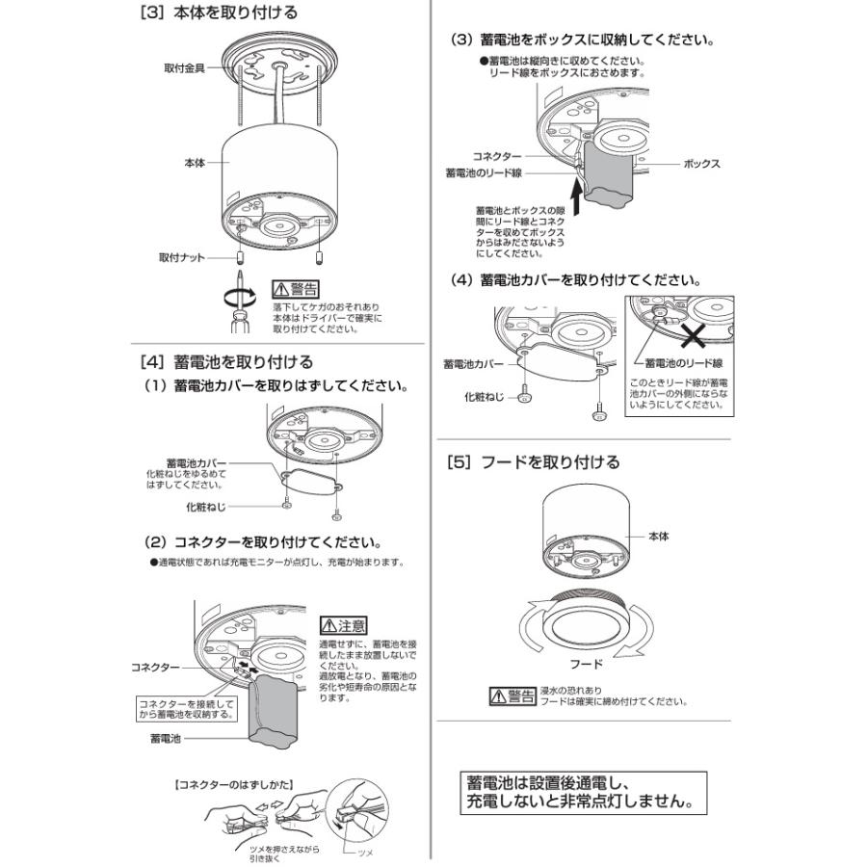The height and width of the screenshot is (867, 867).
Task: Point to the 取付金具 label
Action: (184, 68)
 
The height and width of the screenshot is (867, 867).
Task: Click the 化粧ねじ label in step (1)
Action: (207, 506)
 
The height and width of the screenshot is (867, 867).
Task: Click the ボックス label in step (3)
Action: (701, 164)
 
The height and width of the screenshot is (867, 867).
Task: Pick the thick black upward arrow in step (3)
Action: (576, 200)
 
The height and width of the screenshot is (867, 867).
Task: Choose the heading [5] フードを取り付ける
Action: (533, 461)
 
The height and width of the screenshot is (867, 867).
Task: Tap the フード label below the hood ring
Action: (586, 664)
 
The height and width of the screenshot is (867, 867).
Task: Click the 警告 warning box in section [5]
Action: (512, 696)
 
